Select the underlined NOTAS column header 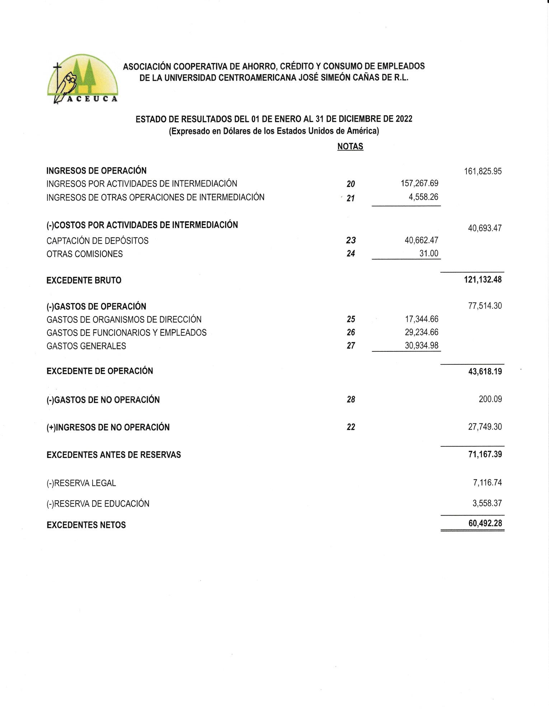click(350, 146)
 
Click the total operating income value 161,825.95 click(483, 171)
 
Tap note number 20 click(351, 184)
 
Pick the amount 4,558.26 click(423, 197)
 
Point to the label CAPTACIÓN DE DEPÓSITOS click(97, 241)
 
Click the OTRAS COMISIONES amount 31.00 click(429, 254)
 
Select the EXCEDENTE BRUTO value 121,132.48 click(483, 280)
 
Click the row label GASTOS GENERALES click(86, 346)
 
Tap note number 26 click(351, 332)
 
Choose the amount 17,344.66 click(422, 319)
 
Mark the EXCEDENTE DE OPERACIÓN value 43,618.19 click(485, 371)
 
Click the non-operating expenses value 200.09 click(490, 399)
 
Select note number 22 click(351, 427)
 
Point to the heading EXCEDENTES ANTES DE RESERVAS click(113, 455)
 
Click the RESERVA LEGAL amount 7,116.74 click(487, 483)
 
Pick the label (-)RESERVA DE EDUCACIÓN click(98, 503)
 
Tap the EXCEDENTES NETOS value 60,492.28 click(485, 523)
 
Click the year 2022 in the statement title click(404, 119)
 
